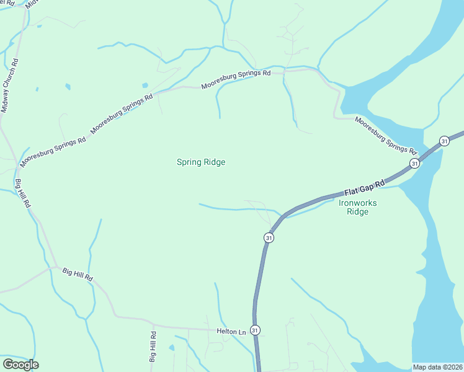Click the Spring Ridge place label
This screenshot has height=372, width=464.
(x=200, y=162)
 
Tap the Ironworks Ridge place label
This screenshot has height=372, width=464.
(x=358, y=207)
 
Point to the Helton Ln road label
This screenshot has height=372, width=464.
(x=231, y=332)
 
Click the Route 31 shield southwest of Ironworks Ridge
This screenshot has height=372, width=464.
(x=268, y=237)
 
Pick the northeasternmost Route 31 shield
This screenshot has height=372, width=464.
(x=444, y=141)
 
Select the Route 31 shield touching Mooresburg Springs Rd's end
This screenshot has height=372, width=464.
(x=414, y=163)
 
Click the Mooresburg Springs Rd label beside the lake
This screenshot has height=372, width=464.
(x=385, y=135)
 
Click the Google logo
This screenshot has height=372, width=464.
(x=20, y=365)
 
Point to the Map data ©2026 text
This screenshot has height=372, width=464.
(x=437, y=367)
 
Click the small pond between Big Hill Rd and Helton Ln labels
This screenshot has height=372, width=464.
(x=172, y=348)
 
